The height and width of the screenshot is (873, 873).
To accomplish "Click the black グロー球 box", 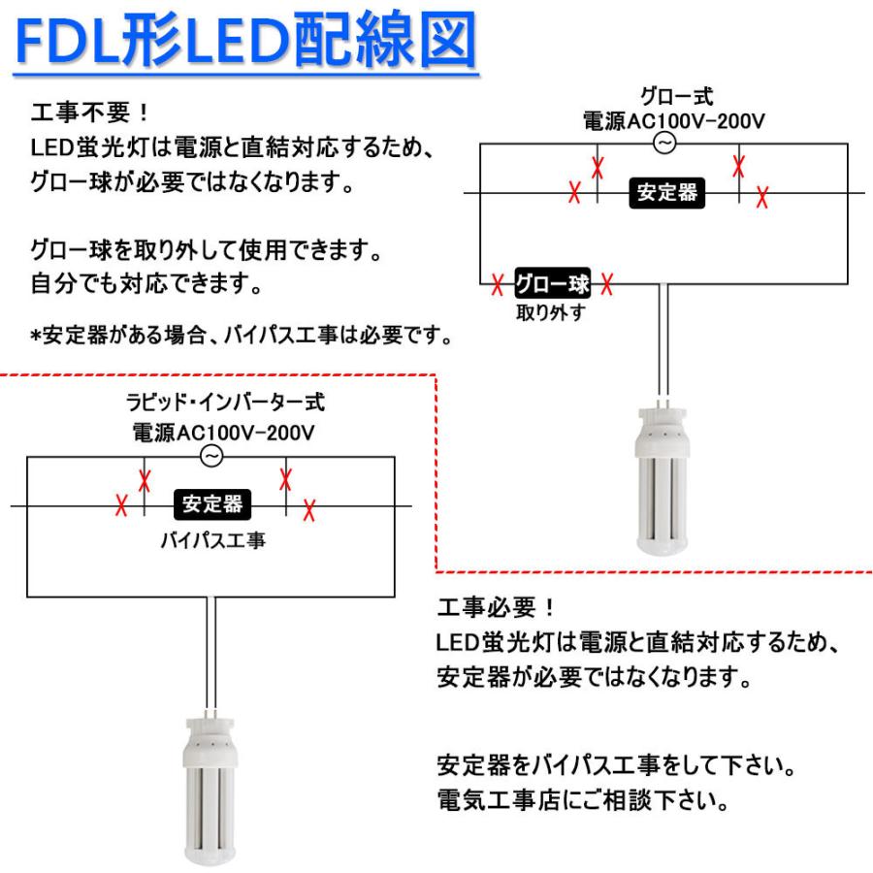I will (551, 284).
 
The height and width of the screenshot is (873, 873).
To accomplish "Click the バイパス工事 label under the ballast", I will (213, 540).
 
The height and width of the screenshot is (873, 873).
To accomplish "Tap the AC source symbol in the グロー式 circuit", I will (665, 144).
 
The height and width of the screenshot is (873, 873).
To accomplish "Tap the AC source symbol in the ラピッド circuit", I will (211, 456).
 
